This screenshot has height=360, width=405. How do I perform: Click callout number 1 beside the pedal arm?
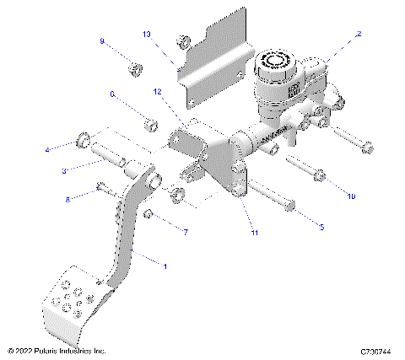click(x=165, y=266)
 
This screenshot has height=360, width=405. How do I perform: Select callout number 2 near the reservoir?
click(x=359, y=35)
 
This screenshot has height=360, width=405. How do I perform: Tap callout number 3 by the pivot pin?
click(x=63, y=171)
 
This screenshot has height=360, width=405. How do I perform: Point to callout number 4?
click(x=48, y=149)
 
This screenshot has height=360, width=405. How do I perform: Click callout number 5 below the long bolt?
click(x=321, y=227)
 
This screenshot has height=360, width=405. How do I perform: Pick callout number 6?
click(x=112, y=95)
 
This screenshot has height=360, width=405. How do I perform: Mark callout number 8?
click(x=68, y=199)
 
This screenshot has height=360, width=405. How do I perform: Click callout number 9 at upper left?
click(x=103, y=40)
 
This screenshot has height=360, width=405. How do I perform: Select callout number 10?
click(x=351, y=196)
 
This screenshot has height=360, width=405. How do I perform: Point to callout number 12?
click(x=158, y=90)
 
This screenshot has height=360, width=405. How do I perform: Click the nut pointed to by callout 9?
click(x=134, y=67)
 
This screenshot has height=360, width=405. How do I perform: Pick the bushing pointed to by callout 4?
click(x=84, y=138)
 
